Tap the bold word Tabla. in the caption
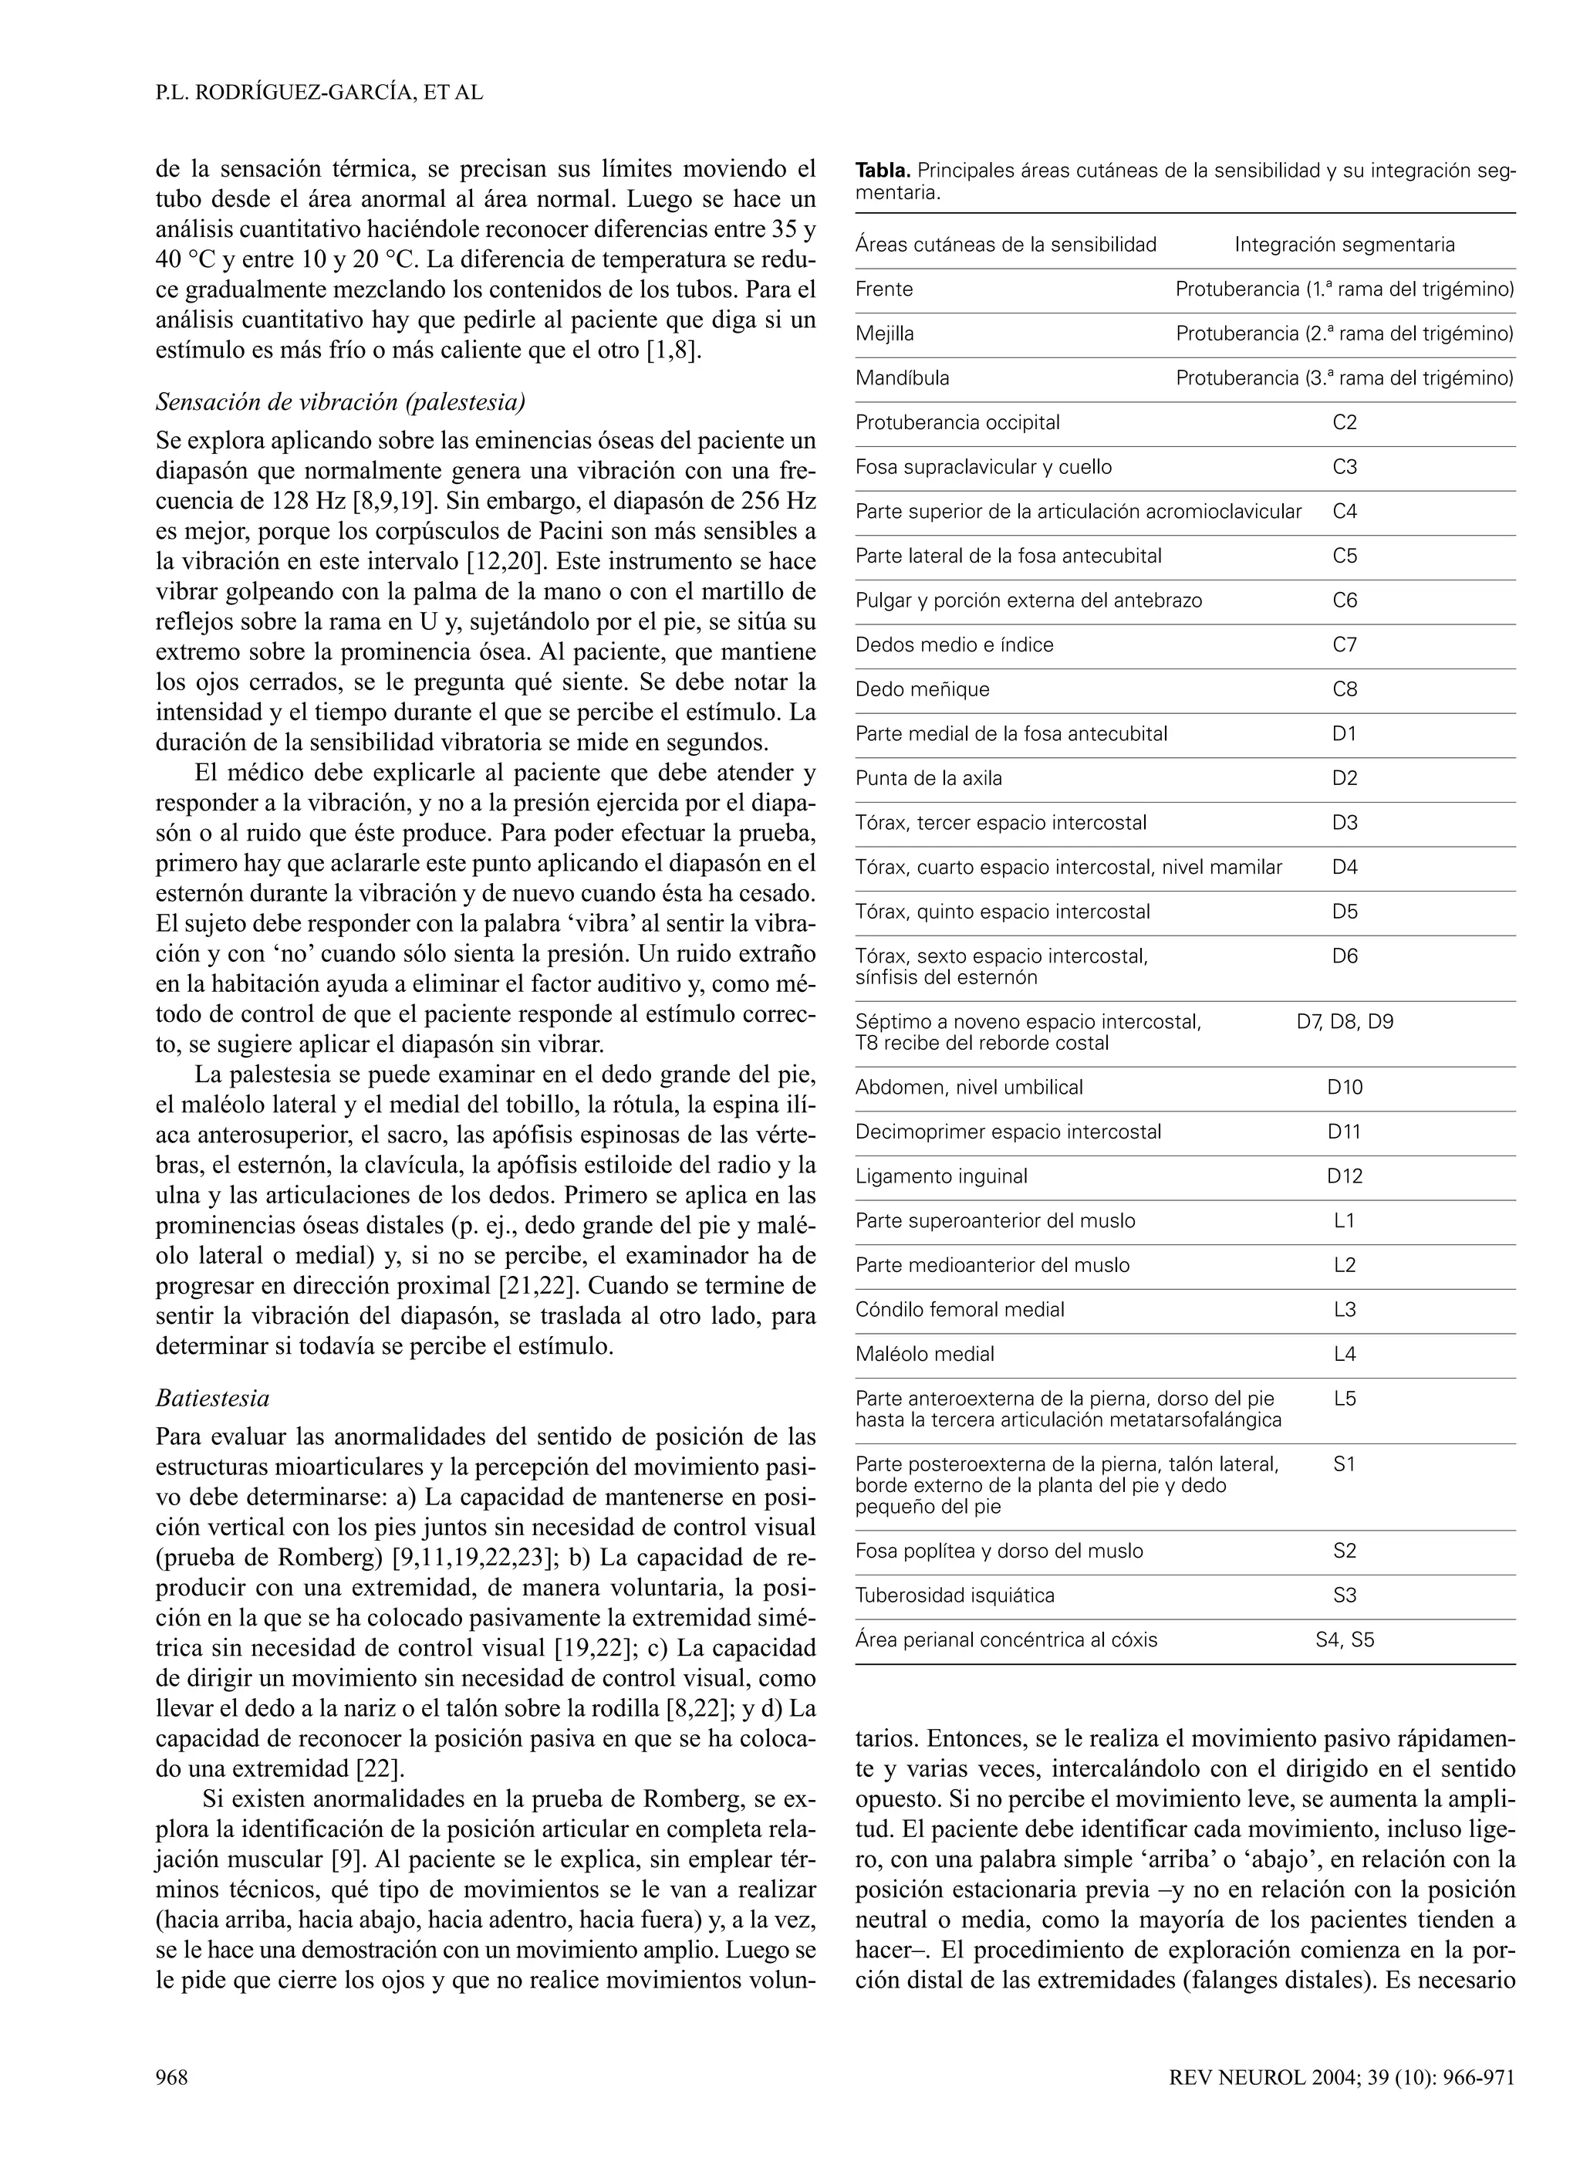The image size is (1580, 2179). click(x=883, y=171)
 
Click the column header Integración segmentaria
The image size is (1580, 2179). click(x=1344, y=245)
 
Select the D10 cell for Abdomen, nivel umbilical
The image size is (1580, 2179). click(x=1344, y=1088)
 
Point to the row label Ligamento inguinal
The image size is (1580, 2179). click(x=940, y=1176)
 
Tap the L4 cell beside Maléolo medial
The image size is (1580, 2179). click(x=1344, y=1354)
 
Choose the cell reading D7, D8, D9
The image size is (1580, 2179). click(x=1344, y=1021)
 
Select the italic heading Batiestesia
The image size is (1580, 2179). click(x=212, y=1397)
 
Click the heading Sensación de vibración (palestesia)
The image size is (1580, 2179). click(x=340, y=401)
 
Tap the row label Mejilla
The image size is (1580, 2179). click(x=883, y=333)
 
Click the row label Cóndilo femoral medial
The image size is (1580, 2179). click(x=960, y=1310)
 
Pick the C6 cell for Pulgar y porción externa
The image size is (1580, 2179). click(x=1344, y=601)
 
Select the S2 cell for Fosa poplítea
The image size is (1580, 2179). click(x=1344, y=1551)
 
